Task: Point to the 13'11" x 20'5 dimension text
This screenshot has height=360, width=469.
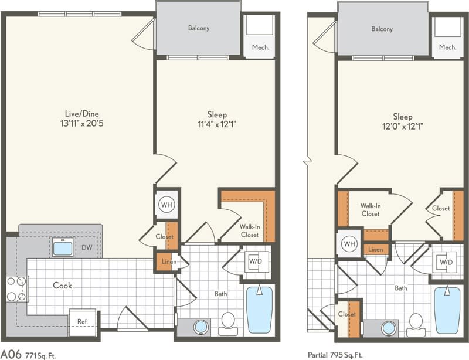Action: pos(81,124)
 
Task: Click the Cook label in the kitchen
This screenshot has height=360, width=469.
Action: pos(63,286)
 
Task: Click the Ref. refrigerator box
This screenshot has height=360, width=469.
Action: pos(82,321)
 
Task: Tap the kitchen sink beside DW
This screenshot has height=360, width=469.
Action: pos(62,247)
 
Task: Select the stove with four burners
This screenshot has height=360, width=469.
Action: pos(17,288)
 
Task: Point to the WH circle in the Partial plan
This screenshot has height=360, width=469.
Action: pos(350,243)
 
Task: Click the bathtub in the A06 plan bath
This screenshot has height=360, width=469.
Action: pos(259,310)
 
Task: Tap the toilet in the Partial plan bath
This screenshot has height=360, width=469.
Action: pos(416,324)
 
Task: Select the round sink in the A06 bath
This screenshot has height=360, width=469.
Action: pos(200,327)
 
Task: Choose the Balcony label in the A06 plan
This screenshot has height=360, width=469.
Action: pos(199,28)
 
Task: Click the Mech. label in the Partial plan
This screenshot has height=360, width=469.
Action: pos(447,47)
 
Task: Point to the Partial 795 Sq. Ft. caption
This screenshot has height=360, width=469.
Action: pos(335,354)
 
